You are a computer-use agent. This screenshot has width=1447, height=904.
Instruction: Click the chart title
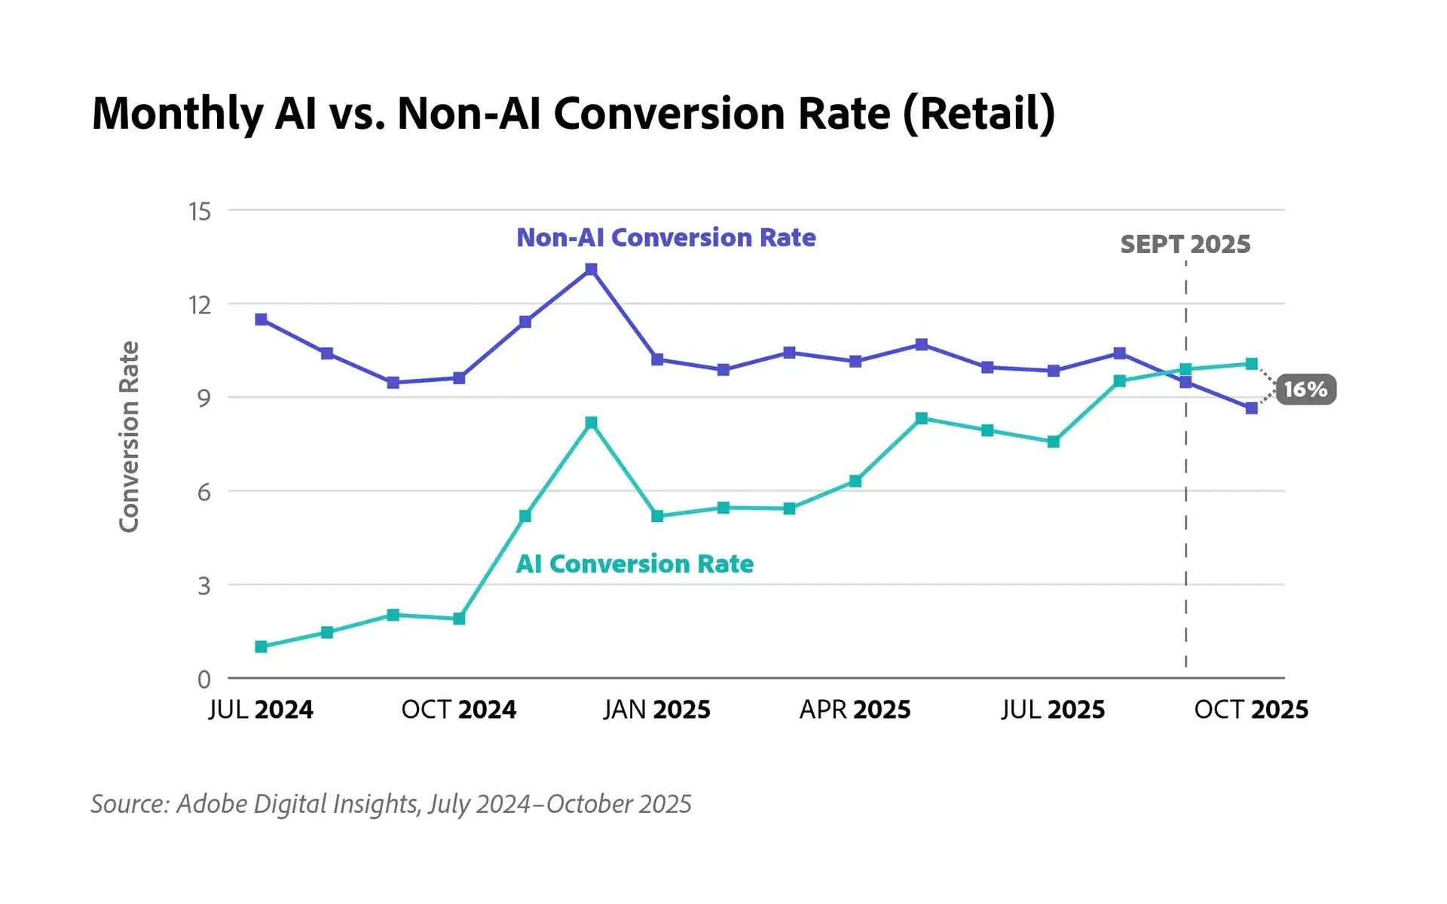[x=573, y=113]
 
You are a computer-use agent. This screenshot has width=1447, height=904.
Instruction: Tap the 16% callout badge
[x=1305, y=389]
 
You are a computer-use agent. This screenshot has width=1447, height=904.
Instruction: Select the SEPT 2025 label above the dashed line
[x=1185, y=244]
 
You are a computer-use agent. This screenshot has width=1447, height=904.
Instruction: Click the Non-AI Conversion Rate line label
[x=665, y=237]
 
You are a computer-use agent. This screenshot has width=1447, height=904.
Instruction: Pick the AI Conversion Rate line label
[x=635, y=563]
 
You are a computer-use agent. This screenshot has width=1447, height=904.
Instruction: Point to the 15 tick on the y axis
[x=200, y=212]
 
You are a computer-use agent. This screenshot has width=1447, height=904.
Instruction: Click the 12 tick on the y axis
[x=200, y=305]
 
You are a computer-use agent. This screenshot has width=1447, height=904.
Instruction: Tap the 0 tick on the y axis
[x=203, y=680]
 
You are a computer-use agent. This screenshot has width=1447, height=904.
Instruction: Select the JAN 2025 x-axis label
[x=656, y=710]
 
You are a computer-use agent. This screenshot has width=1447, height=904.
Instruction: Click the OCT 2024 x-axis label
[x=458, y=710]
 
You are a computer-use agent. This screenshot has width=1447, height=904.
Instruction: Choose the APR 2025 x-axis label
[x=855, y=710]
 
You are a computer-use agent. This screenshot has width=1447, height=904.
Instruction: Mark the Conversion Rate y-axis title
[x=130, y=437]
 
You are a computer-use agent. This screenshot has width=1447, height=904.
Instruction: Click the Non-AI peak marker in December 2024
[x=591, y=269]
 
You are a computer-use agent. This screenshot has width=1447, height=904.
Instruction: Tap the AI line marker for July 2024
[x=261, y=646]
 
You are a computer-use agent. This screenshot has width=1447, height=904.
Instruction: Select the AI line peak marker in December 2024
[x=591, y=423]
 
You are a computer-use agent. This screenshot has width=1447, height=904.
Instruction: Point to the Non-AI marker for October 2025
[x=1251, y=408]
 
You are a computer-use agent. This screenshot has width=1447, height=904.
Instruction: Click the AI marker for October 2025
[x=1251, y=364]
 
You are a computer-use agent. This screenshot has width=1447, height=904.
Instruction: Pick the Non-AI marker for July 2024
[x=261, y=319]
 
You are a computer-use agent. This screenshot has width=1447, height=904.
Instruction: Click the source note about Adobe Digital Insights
[x=390, y=804]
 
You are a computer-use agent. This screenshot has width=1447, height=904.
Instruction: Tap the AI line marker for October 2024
[x=459, y=618]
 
